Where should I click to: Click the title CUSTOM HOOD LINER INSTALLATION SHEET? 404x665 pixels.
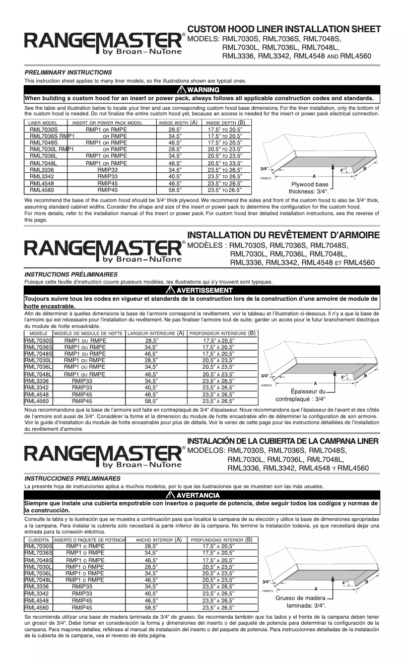click(284, 29)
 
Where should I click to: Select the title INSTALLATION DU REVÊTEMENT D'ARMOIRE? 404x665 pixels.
click(283, 236)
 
